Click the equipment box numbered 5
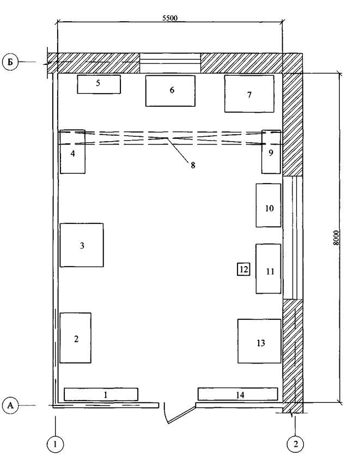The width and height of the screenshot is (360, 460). point(99,84)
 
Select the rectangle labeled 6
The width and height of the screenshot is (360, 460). point(170,90)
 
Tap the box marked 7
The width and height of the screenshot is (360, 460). point(249,94)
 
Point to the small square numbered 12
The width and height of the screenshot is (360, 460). point(243,269)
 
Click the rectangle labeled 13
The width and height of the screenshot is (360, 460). point(259,341)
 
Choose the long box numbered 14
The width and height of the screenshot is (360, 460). point(238,394)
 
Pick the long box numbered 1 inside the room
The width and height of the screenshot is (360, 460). point(101,394)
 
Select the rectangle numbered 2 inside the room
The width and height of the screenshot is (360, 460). point(75,338)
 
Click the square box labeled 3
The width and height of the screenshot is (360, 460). point(82,245)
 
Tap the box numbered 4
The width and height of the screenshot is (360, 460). point(72,152)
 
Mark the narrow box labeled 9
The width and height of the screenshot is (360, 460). point(271,152)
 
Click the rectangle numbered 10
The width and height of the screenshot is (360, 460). point(269,205)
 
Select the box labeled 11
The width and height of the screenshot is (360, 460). point(269,269)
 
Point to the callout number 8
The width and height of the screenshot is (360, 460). point(193,165)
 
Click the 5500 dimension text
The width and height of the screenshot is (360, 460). point(170,18)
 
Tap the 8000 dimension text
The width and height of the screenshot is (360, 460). point(337,238)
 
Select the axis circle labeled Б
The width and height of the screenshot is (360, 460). point(10,62)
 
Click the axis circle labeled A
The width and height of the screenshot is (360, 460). point(10,405)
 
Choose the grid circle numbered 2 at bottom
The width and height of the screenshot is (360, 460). point(296,444)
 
